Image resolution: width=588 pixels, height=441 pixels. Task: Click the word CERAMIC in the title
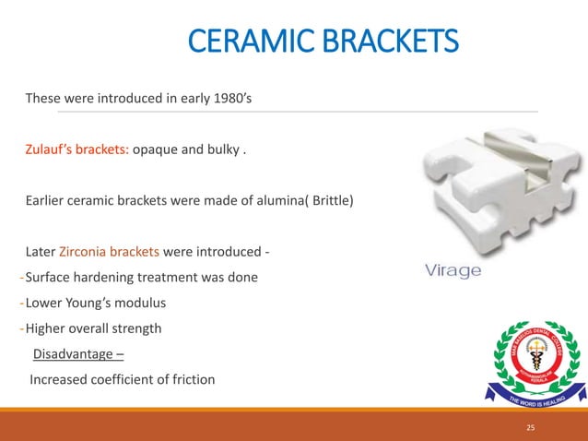(243, 42)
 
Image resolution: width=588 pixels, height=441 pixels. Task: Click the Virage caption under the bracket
(453, 271)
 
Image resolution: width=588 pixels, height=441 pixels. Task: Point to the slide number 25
(530, 428)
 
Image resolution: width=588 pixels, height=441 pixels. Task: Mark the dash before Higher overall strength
(21, 328)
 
